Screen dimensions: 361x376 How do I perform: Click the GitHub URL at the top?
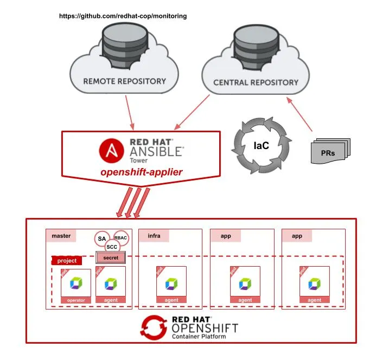click(123, 16)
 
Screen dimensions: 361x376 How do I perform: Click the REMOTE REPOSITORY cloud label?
click(124, 82)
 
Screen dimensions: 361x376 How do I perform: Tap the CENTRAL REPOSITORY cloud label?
click(256, 82)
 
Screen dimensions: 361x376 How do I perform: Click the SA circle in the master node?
click(102, 238)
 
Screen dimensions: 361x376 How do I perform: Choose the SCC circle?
click(111, 247)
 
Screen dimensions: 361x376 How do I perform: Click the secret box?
click(111, 257)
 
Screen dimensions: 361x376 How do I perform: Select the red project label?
click(67, 261)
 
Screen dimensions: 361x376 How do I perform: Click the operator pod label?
click(76, 299)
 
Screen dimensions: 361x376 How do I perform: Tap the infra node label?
click(154, 236)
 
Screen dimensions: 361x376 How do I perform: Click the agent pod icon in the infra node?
click(171, 283)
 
